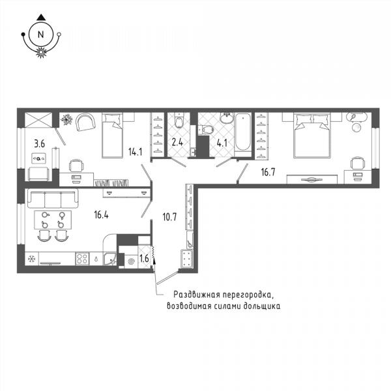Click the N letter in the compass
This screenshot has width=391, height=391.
coord(40,34)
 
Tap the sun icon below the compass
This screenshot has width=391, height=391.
coord(41,52)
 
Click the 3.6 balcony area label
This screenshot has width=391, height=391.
coord(39,143)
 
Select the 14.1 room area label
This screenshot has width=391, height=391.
coord(135,152)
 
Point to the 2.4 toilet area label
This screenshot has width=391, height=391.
coord(177,142)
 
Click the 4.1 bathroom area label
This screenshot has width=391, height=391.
coord(222,143)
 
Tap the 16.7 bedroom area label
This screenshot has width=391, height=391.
coord(268,172)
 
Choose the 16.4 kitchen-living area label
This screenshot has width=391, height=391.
coord(101,214)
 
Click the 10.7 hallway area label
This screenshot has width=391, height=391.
coord(169,217)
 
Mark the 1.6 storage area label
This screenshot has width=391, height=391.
coord(144,259)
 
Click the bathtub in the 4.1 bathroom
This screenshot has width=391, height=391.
coord(243,132)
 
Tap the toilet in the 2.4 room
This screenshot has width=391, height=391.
coord(179,120)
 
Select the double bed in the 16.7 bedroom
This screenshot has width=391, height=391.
coord(312,136)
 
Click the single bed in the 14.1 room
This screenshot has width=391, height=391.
coord(112,135)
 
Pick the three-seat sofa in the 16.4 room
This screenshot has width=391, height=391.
coord(53,198)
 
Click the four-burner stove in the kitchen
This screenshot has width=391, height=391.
coord(82,258)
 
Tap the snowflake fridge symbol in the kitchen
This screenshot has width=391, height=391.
coord(31,259)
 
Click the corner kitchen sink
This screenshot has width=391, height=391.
coord(110,259)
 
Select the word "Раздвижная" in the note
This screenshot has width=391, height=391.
coord(197,295)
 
